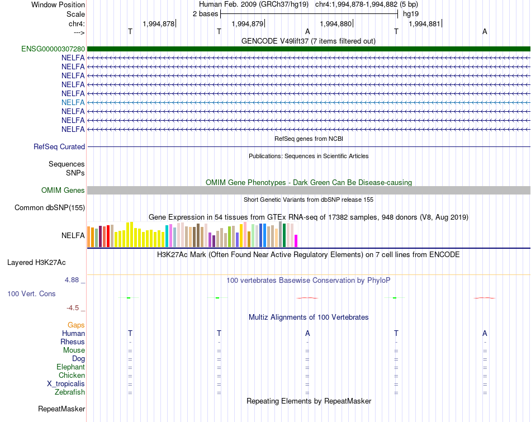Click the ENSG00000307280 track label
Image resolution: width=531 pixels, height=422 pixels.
point(53,49)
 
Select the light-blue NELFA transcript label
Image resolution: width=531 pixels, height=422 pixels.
point(73,102)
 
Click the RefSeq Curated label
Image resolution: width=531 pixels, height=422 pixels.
point(59,146)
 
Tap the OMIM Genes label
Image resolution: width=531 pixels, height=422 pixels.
point(63,191)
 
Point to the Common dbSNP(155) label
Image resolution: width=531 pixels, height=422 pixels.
point(50,207)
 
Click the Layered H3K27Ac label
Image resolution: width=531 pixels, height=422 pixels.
point(36,263)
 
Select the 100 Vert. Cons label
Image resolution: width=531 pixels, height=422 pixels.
point(31,293)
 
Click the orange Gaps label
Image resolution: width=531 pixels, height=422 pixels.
point(76,325)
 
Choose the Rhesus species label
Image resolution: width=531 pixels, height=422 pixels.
point(73,342)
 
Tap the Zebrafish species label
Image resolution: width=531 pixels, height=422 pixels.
point(70,392)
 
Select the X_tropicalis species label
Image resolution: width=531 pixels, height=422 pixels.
point(66,384)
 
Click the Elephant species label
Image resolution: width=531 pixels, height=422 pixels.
point(71,367)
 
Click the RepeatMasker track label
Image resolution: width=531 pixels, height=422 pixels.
point(61,409)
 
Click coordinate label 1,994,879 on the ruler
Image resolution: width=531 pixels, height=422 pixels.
point(248,23)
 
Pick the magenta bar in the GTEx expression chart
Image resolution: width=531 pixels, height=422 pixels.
point(296,241)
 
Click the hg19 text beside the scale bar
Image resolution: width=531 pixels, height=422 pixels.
point(411,14)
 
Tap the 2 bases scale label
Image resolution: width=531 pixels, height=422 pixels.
point(206,14)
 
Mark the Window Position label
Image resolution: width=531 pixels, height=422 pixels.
point(58,4)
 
